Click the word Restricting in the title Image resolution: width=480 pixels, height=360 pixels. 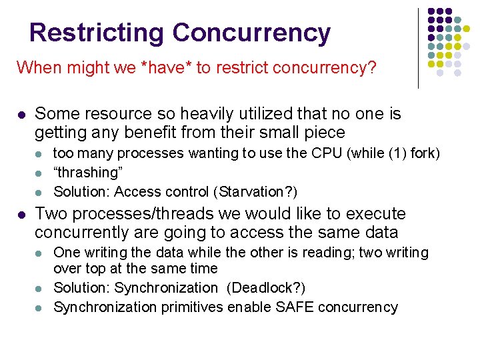point(97,33)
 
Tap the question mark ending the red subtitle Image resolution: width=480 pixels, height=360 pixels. point(372,68)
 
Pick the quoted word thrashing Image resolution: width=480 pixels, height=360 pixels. point(88,173)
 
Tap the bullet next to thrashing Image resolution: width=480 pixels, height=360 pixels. point(39,173)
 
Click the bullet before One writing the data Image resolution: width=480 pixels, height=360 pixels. point(39,254)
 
